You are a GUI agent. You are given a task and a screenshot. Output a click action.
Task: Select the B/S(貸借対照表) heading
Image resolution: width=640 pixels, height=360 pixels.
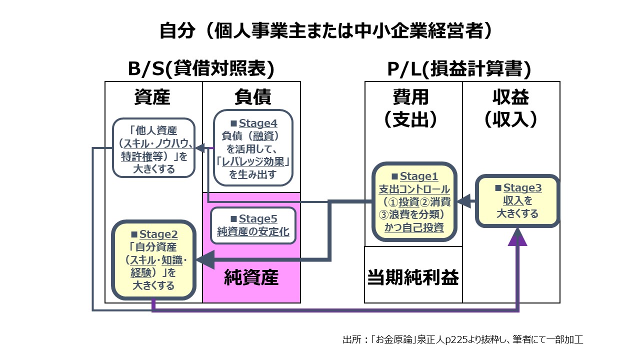tap(201, 69)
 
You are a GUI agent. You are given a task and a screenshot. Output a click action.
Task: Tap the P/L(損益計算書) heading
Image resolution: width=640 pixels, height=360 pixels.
tap(459, 69)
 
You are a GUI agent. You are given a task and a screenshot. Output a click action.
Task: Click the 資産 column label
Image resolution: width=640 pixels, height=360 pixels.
tap(152, 97)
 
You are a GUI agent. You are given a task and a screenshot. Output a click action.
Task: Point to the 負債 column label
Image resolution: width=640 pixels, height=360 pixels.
tap(252, 97)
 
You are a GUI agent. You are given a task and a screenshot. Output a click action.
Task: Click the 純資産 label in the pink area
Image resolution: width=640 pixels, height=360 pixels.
tap(251, 277)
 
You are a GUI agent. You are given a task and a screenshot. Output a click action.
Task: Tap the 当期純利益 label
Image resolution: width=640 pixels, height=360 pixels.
tap(413, 276)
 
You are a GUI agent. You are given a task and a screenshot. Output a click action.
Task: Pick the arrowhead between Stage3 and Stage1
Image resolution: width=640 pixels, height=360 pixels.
tap(464, 201)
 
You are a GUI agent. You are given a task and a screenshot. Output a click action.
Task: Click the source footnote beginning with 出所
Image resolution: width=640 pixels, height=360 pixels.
tap(462, 340)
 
